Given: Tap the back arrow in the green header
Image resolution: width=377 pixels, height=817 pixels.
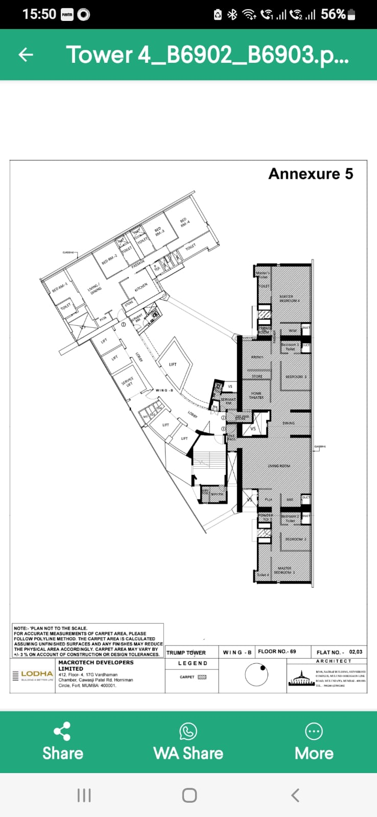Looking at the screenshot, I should click(26, 55).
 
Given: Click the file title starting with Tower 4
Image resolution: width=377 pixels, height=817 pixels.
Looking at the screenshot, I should click(207, 55).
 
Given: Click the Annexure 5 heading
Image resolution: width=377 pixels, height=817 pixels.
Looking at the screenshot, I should click(311, 174).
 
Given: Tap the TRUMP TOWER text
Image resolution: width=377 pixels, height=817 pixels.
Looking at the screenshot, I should click(186, 653).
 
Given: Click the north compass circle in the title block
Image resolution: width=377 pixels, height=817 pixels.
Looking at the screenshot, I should click(256, 675).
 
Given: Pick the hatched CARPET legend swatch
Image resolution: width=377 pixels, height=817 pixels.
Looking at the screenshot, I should click(202, 677).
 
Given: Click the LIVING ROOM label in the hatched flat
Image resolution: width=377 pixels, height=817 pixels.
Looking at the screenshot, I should click(279, 466).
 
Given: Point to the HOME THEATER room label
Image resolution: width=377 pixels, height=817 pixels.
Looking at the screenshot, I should click(256, 395).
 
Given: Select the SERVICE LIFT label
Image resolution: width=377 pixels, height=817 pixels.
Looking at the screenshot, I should click(127, 382).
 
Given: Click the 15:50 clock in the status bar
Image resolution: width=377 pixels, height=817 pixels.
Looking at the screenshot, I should click(39, 14).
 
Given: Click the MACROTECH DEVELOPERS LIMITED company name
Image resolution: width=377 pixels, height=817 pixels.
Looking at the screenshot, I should click(96, 665).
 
